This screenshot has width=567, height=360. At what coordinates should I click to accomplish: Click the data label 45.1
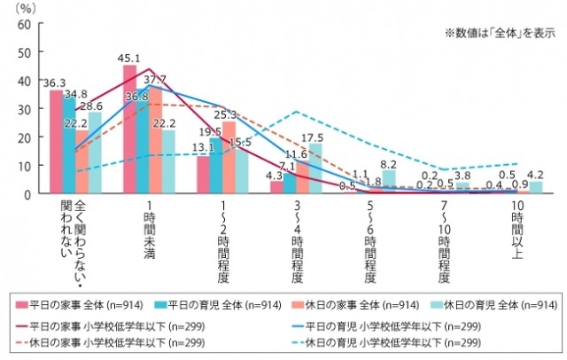coord(130,59)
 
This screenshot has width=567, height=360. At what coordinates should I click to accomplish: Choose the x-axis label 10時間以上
coord(517,227)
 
